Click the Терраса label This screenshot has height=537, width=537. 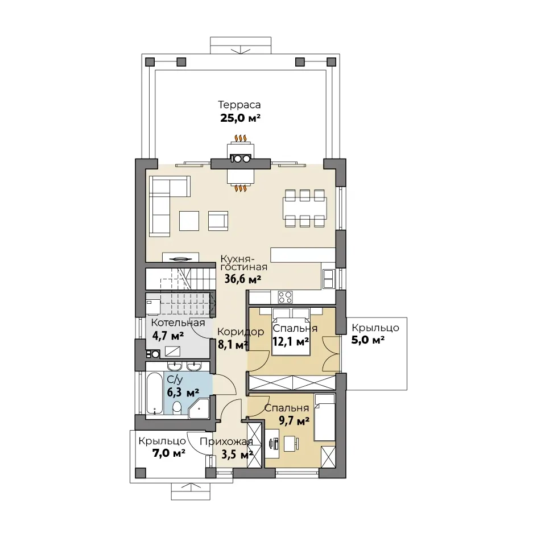[239, 105]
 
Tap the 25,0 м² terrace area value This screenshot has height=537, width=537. [240, 118]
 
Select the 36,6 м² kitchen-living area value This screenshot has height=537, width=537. [243, 279]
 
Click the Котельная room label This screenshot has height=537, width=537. [178, 323]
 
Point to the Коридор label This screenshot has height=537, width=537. [241, 332]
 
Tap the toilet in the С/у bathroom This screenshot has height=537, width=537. [177, 408]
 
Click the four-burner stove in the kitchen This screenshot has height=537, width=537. [286, 298]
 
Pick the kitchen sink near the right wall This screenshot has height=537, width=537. [328, 278]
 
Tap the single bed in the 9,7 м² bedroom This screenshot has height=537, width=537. [325, 417]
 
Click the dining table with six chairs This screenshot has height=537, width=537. [304, 208]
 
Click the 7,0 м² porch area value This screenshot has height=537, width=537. [169, 453]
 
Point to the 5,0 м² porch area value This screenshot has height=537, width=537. [368, 340]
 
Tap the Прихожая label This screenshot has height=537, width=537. [226, 442]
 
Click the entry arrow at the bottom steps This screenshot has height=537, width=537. [191, 486]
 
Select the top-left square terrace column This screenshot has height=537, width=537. [150, 62]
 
